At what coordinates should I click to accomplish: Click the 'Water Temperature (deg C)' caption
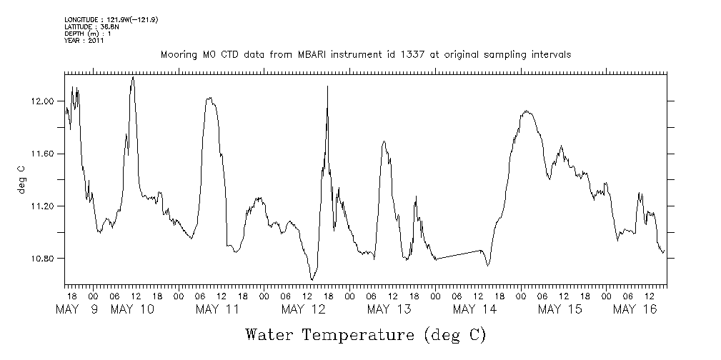pyautogui.click(x=365, y=334)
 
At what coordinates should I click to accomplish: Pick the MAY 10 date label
pyautogui.click(x=132, y=309)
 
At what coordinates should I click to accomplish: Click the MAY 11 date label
pyautogui.click(x=218, y=309)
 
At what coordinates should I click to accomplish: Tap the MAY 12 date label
pyautogui.click(x=304, y=309)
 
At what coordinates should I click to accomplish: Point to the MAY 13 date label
pyautogui.click(x=389, y=309)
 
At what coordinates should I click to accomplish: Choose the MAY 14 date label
pyautogui.click(x=475, y=309)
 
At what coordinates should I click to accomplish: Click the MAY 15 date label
pyautogui.click(x=561, y=309)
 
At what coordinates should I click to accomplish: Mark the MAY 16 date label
pyautogui.click(x=636, y=309)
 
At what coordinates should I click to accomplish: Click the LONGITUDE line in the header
pyautogui.click(x=111, y=20)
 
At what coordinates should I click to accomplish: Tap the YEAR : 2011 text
pyautogui.click(x=84, y=40)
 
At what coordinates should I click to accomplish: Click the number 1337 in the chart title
pyautogui.click(x=407, y=55)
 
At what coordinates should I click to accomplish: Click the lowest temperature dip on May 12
pyautogui.click(x=312, y=279)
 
